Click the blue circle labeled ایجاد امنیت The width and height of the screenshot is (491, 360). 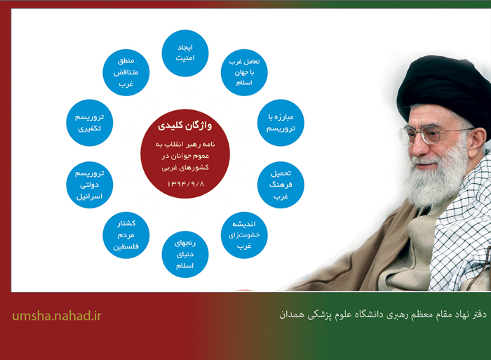(185, 53)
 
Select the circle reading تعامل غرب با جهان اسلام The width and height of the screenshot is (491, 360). (244, 72)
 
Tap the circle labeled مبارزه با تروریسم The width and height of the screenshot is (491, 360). (281, 123)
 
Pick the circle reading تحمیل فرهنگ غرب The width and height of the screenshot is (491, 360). (281, 185)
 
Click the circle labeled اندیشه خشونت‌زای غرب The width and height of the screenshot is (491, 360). (244, 235)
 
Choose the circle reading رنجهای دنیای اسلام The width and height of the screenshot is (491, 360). (185, 255)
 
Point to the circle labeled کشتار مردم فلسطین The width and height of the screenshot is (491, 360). (126, 235)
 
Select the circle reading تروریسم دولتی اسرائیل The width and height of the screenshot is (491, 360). (90, 185)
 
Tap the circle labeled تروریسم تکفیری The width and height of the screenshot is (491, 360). (90, 123)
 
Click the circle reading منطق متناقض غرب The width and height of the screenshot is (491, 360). (126, 72)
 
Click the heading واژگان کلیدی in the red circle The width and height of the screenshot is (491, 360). (184, 126)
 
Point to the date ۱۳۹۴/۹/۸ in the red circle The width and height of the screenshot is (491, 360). (186, 184)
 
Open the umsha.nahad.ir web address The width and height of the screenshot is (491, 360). (57, 316)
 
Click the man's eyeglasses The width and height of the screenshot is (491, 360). (431, 135)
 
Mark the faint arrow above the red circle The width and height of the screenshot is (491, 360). (185, 93)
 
